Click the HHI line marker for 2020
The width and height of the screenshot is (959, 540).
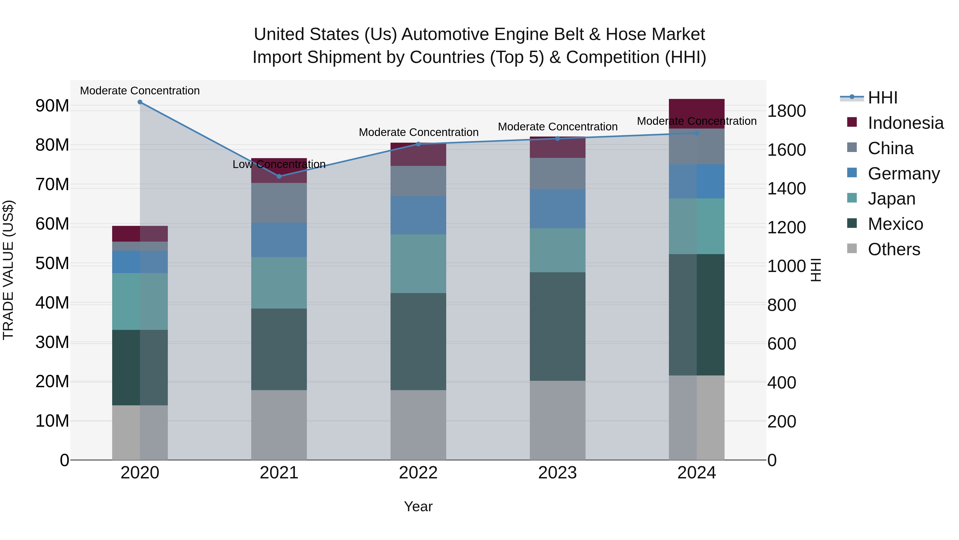tap(140, 102)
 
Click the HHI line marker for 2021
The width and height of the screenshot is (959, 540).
tap(279, 176)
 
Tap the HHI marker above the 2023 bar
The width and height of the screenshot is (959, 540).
tap(557, 139)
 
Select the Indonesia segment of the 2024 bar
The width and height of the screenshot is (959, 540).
tap(697, 114)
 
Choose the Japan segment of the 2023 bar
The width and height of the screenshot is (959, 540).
tap(557, 250)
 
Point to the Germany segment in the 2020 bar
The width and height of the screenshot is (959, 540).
tap(140, 262)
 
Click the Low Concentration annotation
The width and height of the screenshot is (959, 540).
tap(279, 164)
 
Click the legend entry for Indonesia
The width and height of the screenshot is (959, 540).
tap(905, 123)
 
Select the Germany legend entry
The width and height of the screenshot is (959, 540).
tap(904, 174)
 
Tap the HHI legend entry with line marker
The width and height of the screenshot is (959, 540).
tap(882, 98)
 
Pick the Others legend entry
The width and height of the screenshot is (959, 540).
tap(893, 249)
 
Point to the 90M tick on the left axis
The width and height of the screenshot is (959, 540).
tap(52, 106)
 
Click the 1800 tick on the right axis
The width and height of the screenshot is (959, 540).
tap(786, 111)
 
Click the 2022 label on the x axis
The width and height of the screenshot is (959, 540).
tap(418, 473)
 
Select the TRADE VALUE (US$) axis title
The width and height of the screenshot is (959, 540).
tap(8, 270)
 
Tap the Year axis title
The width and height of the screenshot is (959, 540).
tap(418, 506)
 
